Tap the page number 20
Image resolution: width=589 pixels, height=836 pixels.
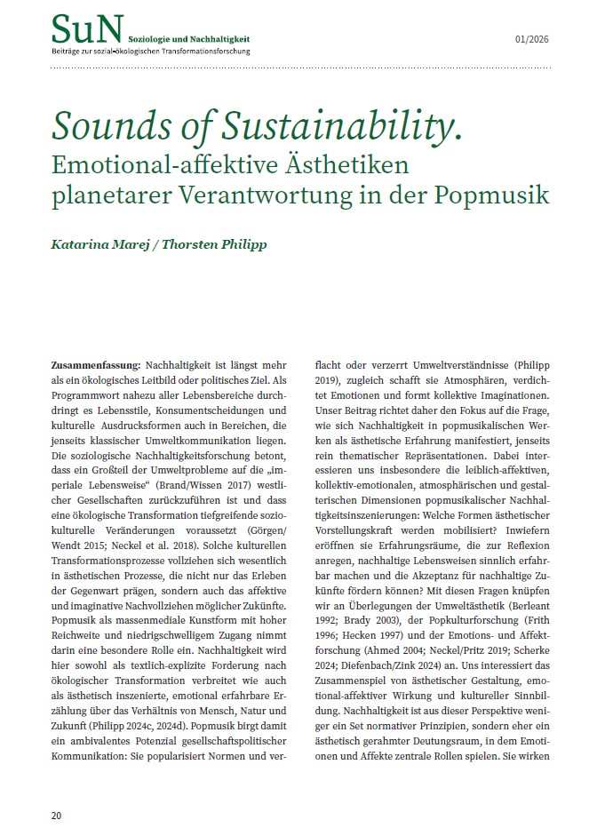coord(55,815)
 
